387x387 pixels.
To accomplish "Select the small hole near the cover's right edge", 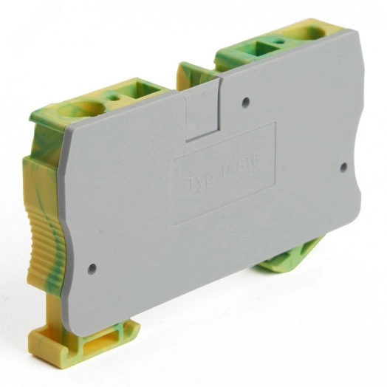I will coord(343,167).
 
